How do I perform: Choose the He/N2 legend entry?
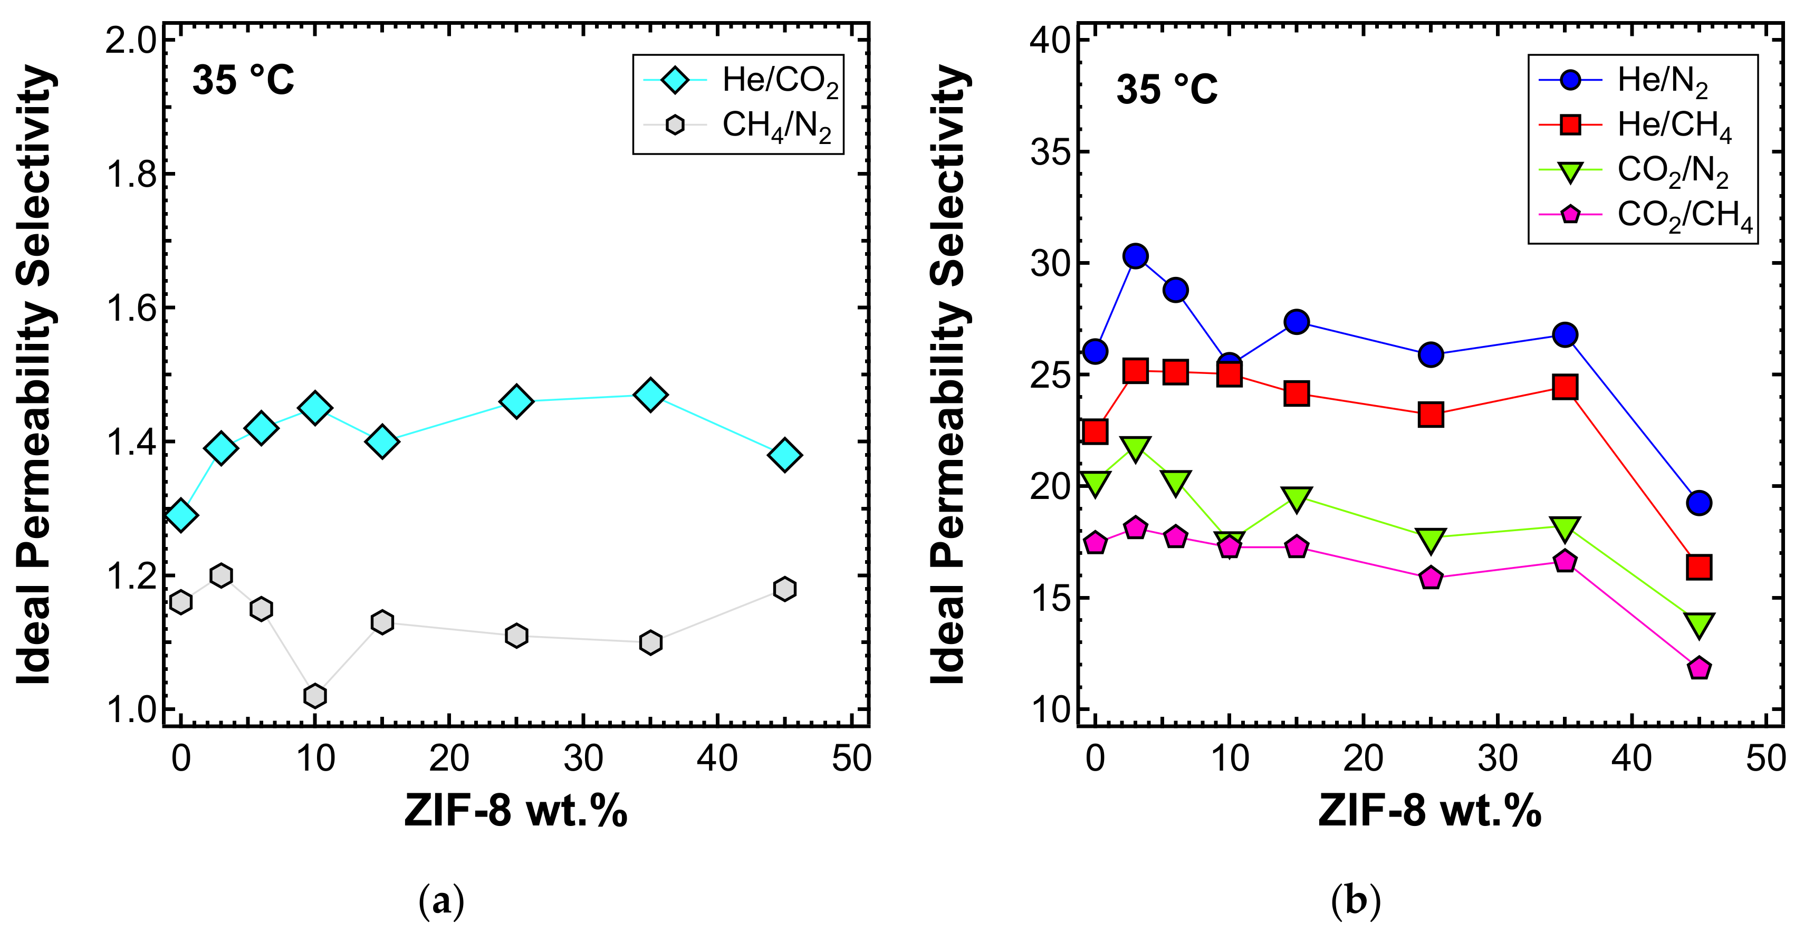1625,81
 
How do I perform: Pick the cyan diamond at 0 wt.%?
181,515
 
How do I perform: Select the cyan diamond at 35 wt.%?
650,395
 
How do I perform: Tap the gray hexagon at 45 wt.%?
784,589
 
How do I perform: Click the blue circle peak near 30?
1135,257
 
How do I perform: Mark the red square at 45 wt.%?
1699,566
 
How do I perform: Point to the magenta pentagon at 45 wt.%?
1699,668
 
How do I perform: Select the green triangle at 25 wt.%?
1431,539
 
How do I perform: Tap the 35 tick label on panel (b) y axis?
1050,152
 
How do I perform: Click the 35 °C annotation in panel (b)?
1167,90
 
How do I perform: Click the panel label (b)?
1356,901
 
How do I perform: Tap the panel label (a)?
441,901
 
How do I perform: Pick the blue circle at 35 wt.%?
1565,335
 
